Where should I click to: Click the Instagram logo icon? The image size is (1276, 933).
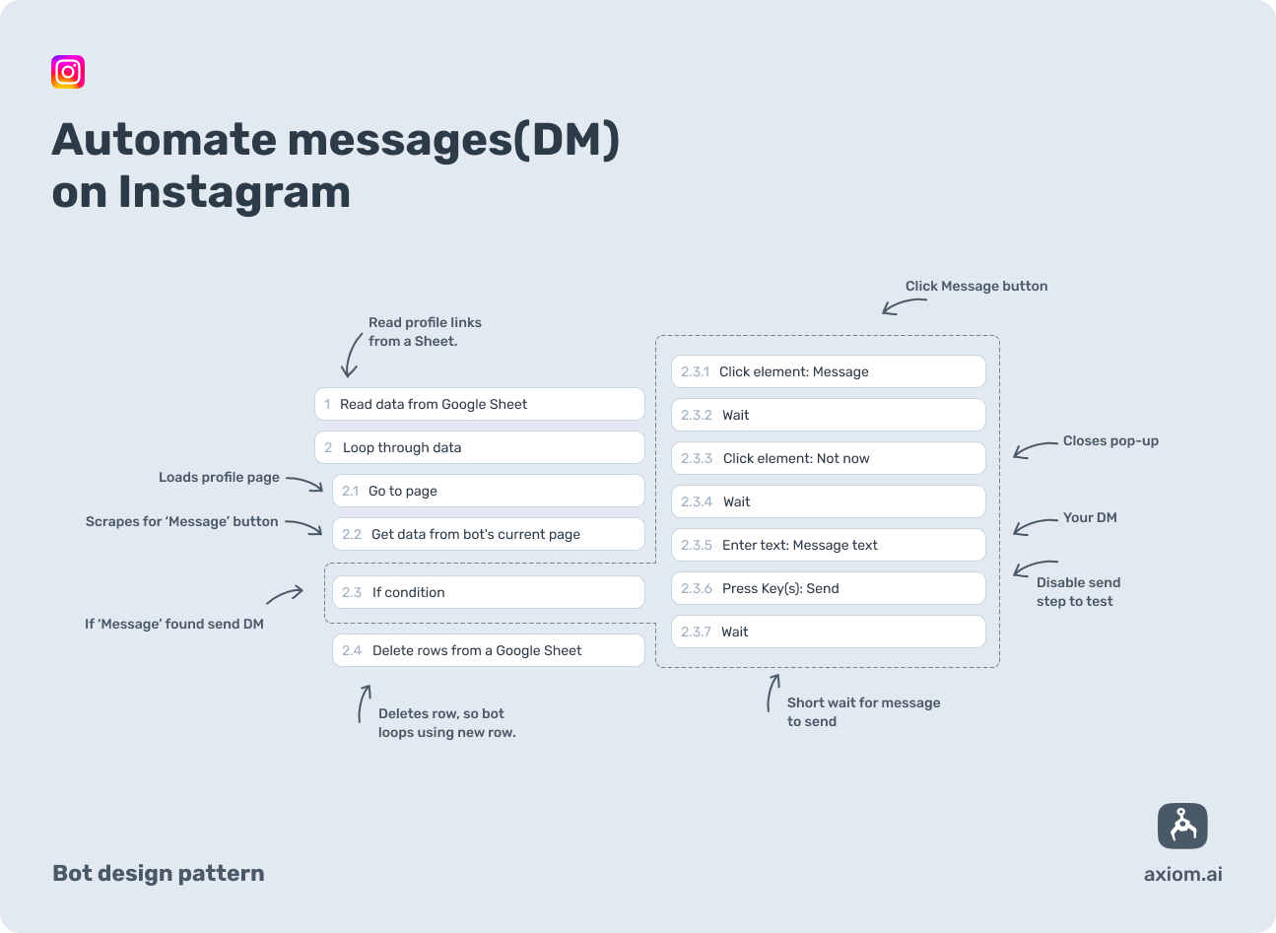(x=68, y=72)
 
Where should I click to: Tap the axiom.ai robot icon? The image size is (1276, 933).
(x=1181, y=826)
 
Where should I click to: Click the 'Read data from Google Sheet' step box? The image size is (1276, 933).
(x=479, y=404)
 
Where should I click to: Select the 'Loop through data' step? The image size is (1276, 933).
(x=479, y=447)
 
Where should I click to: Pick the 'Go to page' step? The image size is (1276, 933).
(x=488, y=491)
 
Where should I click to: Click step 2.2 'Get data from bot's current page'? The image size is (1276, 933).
(x=488, y=534)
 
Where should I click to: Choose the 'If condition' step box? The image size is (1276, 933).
(x=488, y=592)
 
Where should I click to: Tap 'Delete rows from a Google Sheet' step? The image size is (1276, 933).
(x=488, y=650)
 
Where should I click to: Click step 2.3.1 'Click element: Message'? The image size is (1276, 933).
(x=828, y=371)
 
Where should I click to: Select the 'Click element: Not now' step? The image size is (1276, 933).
(x=828, y=458)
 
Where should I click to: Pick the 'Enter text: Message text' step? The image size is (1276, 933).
(x=828, y=545)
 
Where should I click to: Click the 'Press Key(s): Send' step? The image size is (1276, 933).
(x=828, y=588)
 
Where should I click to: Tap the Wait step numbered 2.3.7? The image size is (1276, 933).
(x=828, y=632)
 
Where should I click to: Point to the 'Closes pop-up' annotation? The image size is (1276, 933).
(x=1110, y=441)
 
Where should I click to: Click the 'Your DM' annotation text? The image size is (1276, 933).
(x=1090, y=517)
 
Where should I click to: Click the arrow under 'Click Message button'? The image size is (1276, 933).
(x=903, y=306)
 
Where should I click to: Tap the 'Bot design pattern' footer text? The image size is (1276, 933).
(x=159, y=873)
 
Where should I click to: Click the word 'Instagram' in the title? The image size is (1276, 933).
(x=235, y=191)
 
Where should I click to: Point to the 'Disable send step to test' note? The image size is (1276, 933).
(x=1077, y=591)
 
